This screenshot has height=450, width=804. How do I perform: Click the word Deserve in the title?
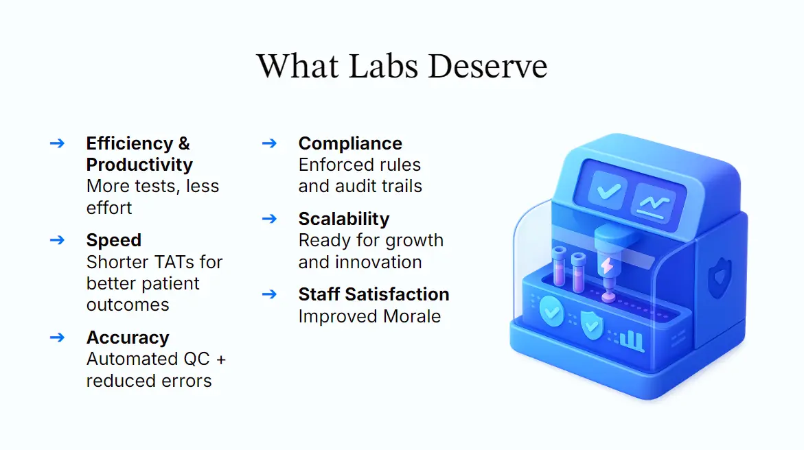[487, 67]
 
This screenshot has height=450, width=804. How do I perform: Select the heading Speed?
[114, 240]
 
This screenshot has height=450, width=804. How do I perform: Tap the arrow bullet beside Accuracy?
[58, 337]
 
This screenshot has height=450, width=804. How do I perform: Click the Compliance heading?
[350, 143]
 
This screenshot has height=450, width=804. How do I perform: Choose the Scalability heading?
[343, 219]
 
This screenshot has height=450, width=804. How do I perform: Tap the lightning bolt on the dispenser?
[607, 265]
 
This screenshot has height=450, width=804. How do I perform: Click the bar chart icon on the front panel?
[632, 339]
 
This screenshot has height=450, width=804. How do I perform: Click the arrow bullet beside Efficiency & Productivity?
[58, 143]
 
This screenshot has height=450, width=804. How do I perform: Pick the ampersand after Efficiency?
[184, 143]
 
